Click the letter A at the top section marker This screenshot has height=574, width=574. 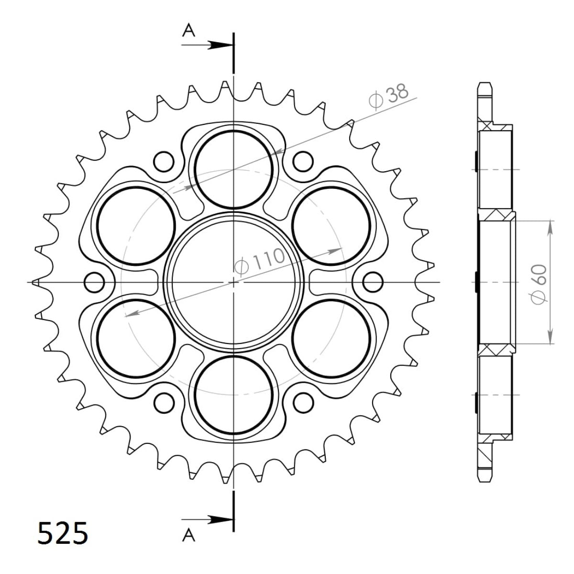tap(189, 31)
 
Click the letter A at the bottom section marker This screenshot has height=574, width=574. tap(189, 536)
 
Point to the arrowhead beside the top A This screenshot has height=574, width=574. tap(221, 45)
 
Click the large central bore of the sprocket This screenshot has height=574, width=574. tap(233, 283)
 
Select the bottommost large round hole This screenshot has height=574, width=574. tap(233, 396)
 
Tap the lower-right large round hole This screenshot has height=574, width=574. tap(331, 339)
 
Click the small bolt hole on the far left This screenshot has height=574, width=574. tap(94, 283)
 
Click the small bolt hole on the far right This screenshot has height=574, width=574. tap(373, 283)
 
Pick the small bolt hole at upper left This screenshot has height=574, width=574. tap(164, 162)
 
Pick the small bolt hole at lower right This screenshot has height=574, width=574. tap(303, 403)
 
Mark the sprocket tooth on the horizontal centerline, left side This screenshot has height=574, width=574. tap(34, 283)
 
